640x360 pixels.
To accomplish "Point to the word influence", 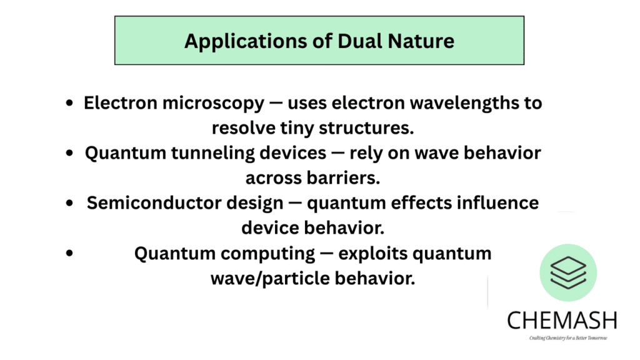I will coord(492,203).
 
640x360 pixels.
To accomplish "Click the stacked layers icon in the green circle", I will coord(568,272).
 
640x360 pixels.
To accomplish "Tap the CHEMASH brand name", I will coord(562,320).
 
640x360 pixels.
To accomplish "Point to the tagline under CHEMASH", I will coord(562,338).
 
